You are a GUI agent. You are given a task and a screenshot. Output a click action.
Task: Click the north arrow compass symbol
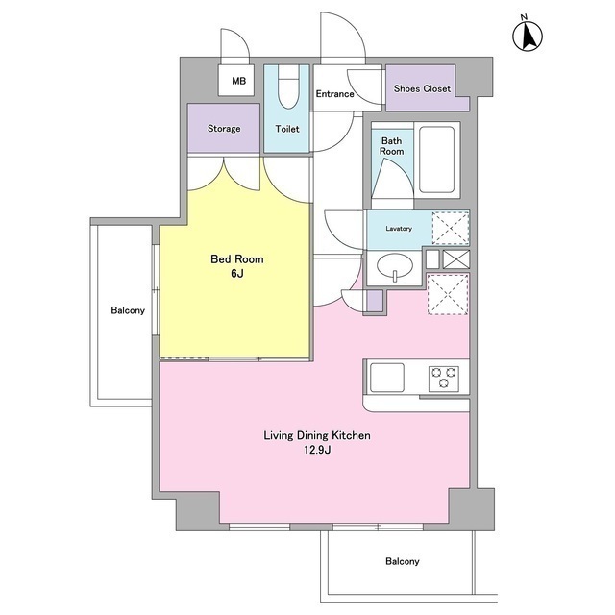(x=528, y=35)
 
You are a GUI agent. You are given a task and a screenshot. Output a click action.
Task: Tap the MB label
(x=239, y=81)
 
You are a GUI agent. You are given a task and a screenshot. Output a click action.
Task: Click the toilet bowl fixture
(x=288, y=87)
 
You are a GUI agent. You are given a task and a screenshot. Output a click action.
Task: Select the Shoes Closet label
(x=422, y=88)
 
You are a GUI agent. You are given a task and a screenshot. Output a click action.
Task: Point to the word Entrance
(x=335, y=94)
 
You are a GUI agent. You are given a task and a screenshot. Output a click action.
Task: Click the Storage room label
(x=224, y=128)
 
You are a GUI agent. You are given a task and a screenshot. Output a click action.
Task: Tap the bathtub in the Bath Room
(x=437, y=160)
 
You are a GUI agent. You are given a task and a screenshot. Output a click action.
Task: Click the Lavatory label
(x=399, y=229)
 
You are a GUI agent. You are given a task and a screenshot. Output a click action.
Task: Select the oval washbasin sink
(x=395, y=267)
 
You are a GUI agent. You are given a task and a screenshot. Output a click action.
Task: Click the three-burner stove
(x=444, y=378)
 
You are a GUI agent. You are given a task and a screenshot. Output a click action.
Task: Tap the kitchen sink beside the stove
(x=387, y=378)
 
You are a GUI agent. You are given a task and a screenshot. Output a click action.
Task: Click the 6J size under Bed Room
(x=237, y=273)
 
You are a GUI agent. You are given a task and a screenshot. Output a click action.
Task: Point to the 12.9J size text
(x=317, y=450)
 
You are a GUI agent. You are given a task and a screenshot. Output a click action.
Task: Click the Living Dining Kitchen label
(x=317, y=435)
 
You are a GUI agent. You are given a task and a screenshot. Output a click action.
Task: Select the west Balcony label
(x=128, y=310)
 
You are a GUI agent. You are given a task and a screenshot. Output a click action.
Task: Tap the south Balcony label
(x=403, y=561)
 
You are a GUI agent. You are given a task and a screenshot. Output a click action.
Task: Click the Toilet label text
(x=287, y=129)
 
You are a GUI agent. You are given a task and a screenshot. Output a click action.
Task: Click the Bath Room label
(x=391, y=146)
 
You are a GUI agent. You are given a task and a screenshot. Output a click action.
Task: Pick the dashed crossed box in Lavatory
(x=451, y=228)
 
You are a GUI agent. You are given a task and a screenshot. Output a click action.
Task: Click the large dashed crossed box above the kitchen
(x=448, y=295)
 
